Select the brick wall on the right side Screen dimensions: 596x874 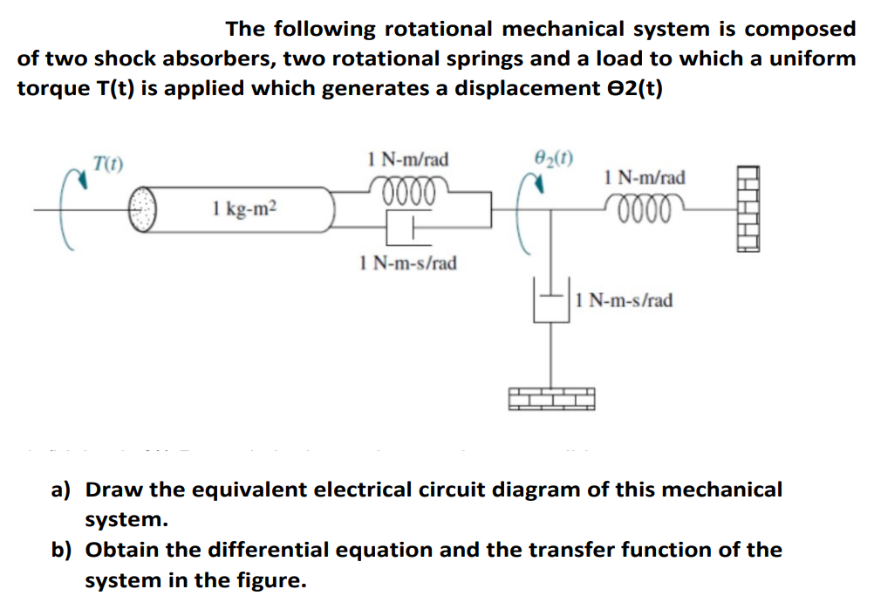point(748,209)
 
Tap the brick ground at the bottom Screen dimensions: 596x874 point(550,397)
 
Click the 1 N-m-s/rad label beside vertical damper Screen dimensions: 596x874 point(625,301)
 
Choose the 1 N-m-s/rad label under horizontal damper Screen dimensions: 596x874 point(407,262)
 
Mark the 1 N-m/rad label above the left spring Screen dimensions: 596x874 point(408,159)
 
